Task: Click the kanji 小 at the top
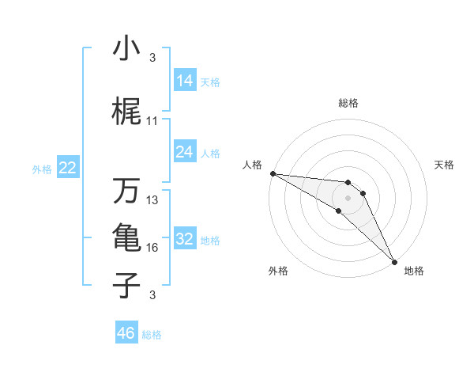click(126, 50)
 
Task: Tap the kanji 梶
click(126, 113)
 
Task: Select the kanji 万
click(126, 192)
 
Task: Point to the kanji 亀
click(126, 237)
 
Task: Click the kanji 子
click(126, 284)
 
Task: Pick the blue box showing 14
click(185, 81)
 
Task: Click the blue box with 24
click(185, 152)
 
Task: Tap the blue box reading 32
click(185, 239)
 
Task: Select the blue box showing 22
click(68, 168)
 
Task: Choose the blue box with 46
click(126, 333)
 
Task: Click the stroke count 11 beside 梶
click(152, 121)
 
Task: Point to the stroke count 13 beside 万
click(152, 200)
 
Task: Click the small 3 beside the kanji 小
click(152, 58)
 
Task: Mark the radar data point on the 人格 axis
click(272, 173)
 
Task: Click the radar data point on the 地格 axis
click(393, 260)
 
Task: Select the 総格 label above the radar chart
click(348, 103)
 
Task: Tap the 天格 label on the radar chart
click(444, 165)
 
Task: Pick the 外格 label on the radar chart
click(278, 271)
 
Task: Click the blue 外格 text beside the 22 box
click(42, 169)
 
